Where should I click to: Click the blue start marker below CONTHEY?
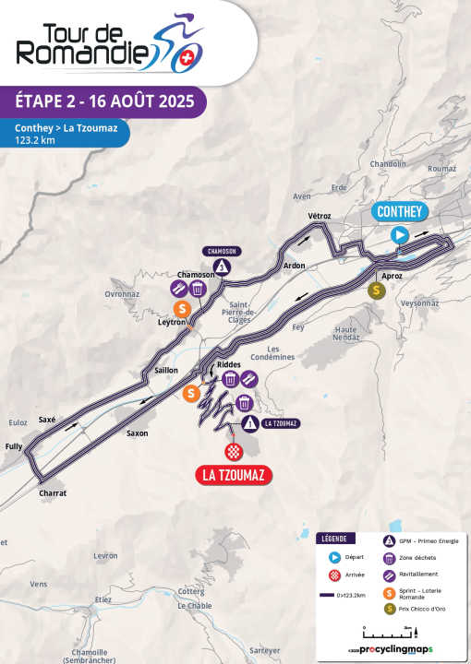400,235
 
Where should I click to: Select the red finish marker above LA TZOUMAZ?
235,451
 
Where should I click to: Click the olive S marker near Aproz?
377,290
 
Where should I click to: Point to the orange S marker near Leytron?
183,308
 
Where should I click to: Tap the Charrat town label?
53,493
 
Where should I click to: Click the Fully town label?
13,447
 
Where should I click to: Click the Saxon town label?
138,433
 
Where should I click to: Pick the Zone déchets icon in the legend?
390,558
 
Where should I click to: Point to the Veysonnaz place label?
420,302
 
